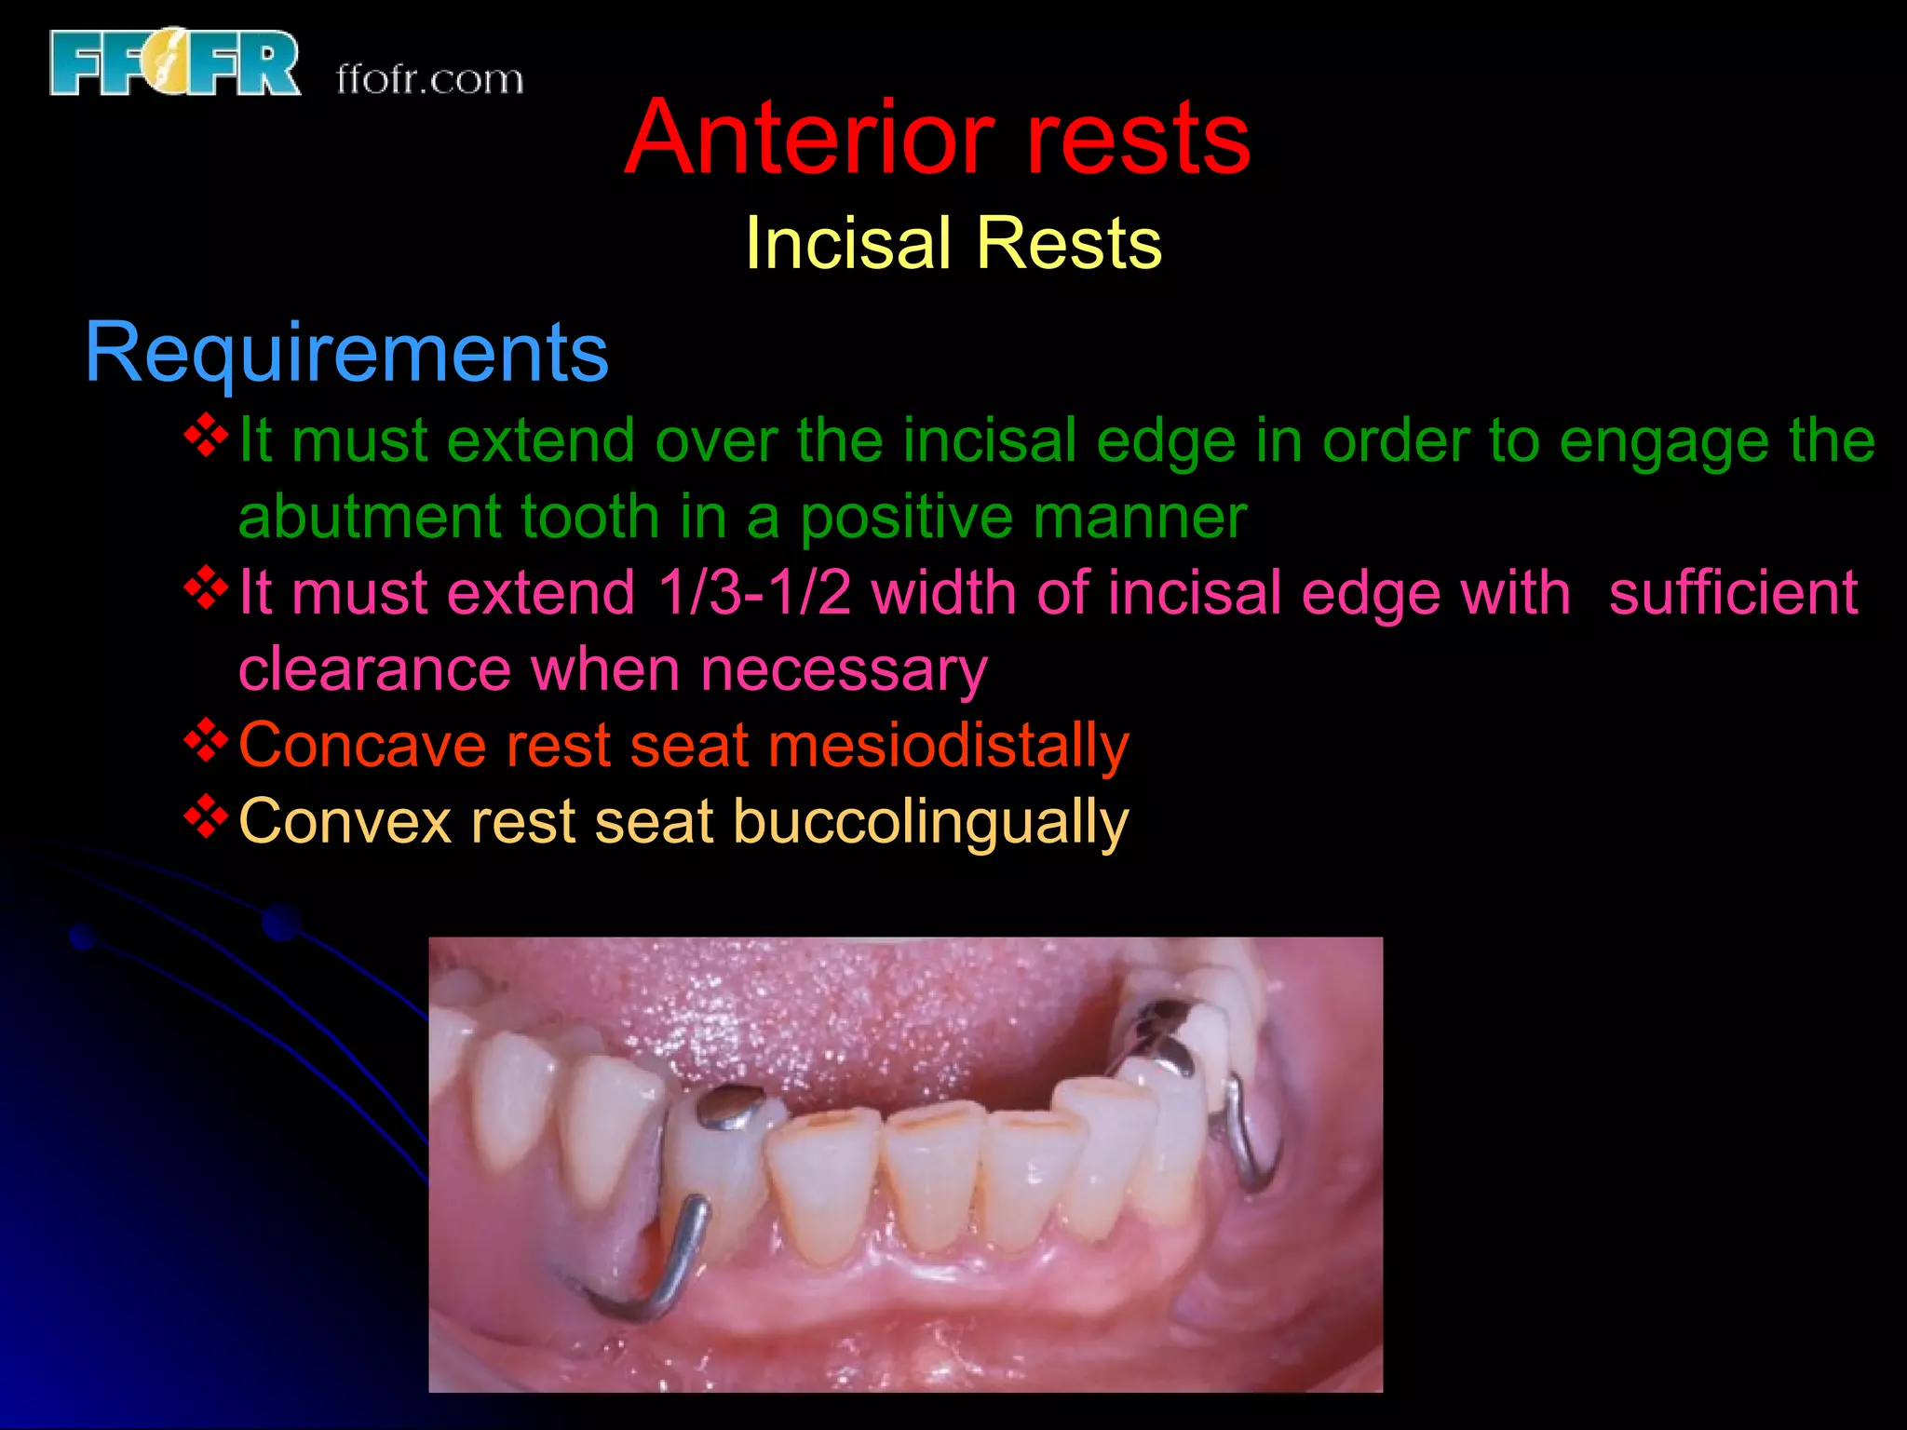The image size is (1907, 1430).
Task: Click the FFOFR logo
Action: pyautogui.click(x=175, y=62)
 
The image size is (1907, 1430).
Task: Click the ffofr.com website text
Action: pyautogui.click(x=429, y=80)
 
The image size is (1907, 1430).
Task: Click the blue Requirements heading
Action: pyautogui.click(x=346, y=352)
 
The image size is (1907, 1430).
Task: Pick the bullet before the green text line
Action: pyautogui.click(x=206, y=436)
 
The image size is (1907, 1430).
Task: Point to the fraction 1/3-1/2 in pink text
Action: pyautogui.click(x=754, y=593)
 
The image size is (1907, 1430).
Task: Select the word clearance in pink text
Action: pyautogui.click(x=374, y=669)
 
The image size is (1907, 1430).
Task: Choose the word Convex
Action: pyautogui.click(x=345, y=822)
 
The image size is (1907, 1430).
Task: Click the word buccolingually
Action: pyautogui.click(x=930, y=822)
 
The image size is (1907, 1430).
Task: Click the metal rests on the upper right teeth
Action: pyautogui.click(x=1164, y=1033)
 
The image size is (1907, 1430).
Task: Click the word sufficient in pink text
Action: pyautogui.click(x=1732, y=593)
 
